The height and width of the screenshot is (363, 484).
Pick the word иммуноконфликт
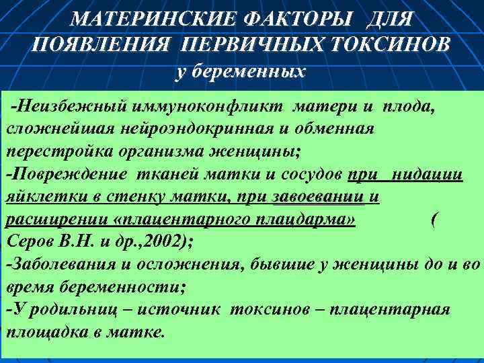pos(204,107)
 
